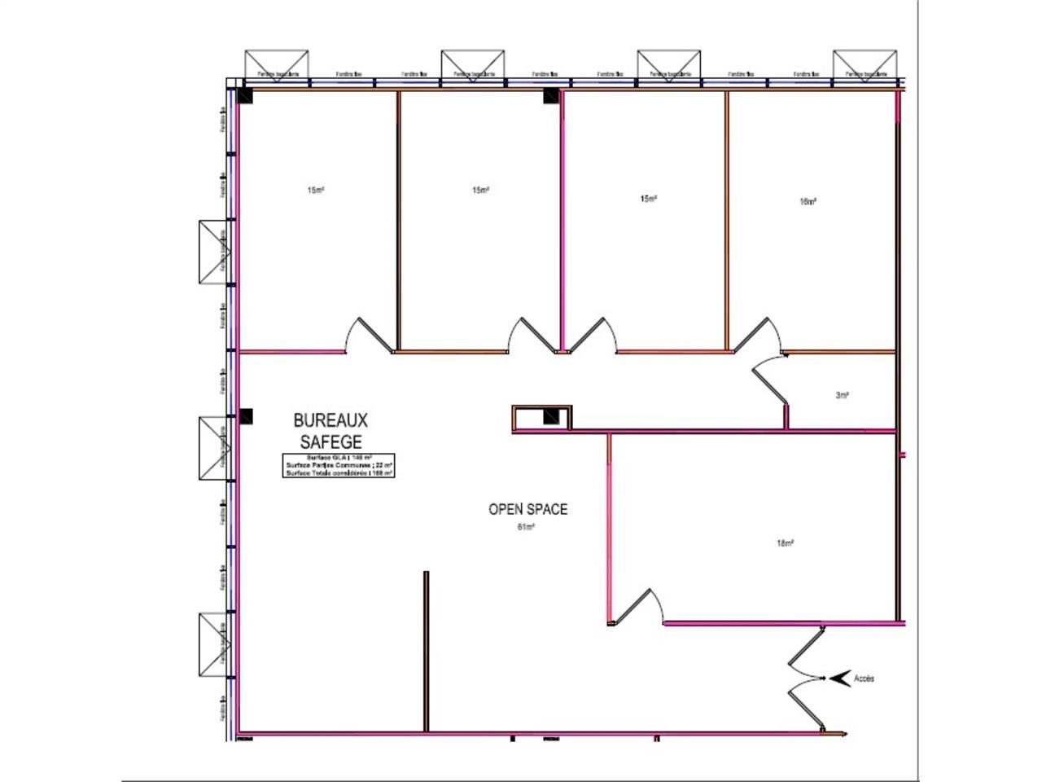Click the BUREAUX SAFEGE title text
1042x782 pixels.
[331, 431]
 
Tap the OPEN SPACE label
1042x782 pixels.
[528, 509]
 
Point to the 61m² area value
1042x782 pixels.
[526, 527]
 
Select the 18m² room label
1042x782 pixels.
[785, 543]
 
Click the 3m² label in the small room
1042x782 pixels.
[842, 395]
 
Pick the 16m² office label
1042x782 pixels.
[808, 201]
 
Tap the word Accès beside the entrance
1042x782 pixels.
[864, 678]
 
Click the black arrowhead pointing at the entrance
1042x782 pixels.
[838, 678]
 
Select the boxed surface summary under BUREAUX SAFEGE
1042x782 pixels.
[339, 465]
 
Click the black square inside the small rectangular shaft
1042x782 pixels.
[551, 418]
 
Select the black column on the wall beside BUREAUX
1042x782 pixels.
[246, 417]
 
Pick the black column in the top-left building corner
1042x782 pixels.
[245, 96]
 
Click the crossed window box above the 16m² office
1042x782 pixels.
[865, 64]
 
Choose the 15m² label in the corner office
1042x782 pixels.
[315, 191]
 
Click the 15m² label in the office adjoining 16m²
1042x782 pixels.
[648, 199]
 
